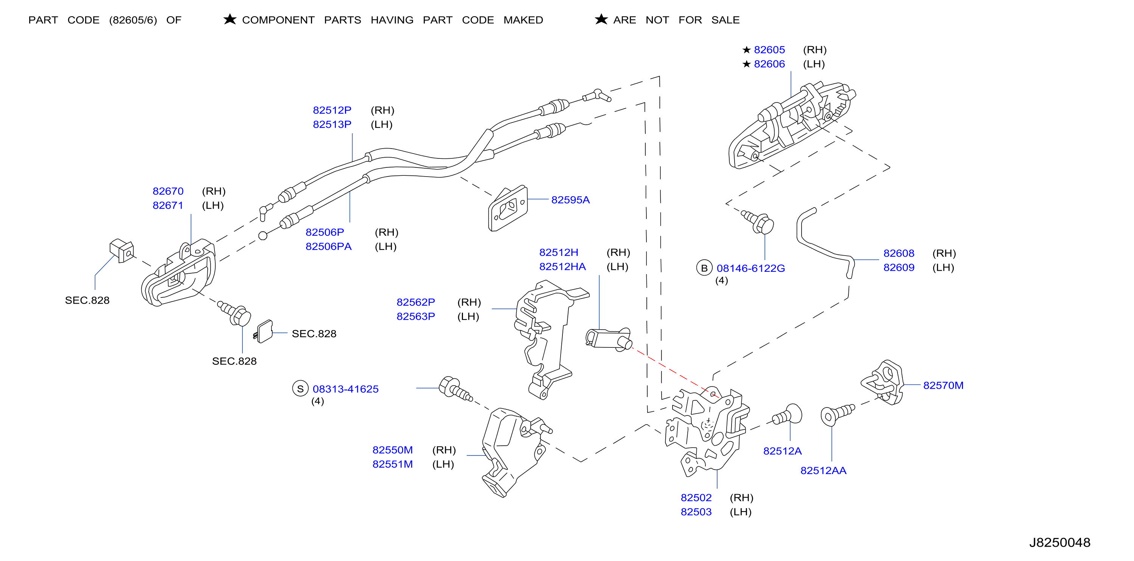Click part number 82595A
click(x=570, y=200)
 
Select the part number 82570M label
click(x=943, y=386)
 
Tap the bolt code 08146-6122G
click(x=750, y=268)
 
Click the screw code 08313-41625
click(x=346, y=389)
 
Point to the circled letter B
click(x=704, y=268)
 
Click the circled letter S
click(x=300, y=389)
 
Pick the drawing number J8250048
click(x=1059, y=542)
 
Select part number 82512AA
click(x=823, y=470)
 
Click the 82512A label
click(x=782, y=451)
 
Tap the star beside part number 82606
click(x=746, y=64)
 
